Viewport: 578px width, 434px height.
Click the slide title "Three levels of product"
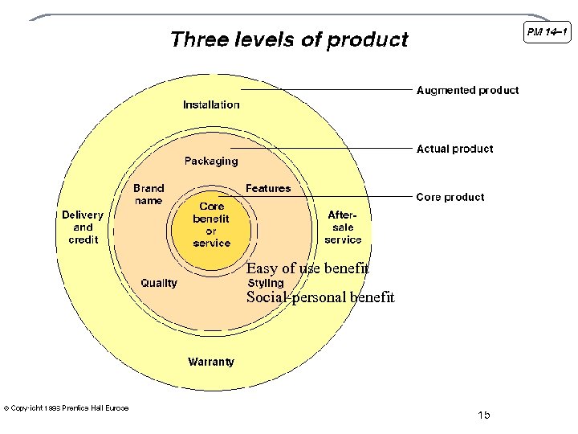tap(289, 39)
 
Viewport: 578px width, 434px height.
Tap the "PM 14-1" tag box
tap(547, 32)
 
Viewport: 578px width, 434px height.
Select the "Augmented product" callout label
tap(467, 90)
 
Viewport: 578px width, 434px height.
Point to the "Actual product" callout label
tap(454, 149)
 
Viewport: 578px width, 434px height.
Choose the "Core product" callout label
tap(450, 197)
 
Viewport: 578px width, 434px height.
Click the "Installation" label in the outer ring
tap(211, 104)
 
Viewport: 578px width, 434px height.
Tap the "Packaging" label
tap(211, 161)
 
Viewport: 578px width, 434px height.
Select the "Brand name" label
tap(149, 194)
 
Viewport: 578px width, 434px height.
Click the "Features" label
tap(268, 188)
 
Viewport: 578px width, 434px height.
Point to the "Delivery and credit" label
tap(83, 227)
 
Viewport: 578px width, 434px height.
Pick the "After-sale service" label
tap(343, 227)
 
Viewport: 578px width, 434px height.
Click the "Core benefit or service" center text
tap(211, 224)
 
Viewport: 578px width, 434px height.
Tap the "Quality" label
tap(159, 283)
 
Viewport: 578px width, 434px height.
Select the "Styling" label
tap(266, 283)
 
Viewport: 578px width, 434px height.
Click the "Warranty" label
tap(211, 362)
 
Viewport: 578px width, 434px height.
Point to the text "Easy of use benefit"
tap(307, 268)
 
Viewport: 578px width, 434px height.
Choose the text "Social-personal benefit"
tap(320, 297)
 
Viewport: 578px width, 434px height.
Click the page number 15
tap(483, 415)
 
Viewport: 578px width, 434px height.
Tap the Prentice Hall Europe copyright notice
tap(67, 408)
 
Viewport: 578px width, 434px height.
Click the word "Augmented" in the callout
tap(446, 90)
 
